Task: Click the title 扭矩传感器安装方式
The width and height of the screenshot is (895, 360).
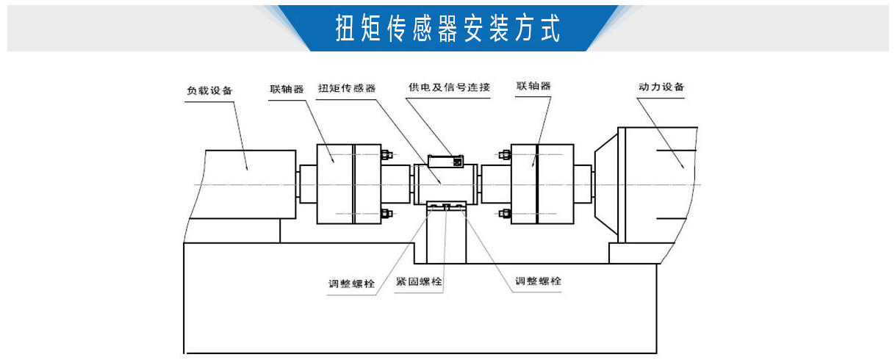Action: pos(447,28)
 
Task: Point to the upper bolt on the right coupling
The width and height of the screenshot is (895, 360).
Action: pos(504,154)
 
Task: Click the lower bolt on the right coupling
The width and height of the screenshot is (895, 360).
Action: pos(504,214)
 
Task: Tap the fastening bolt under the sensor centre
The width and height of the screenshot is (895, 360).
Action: pos(446,207)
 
